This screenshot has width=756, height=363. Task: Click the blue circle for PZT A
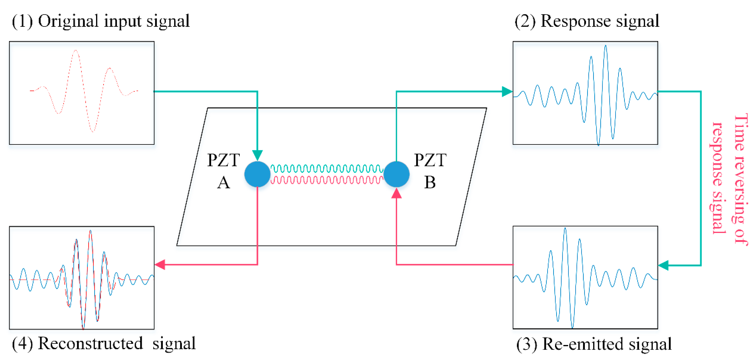[x=257, y=174]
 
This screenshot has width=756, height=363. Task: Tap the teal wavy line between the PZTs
[x=326, y=169]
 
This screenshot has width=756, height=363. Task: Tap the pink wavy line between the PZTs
[x=326, y=180]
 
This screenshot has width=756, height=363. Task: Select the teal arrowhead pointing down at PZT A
[x=257, y=155]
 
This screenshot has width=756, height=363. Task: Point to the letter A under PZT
[x=223, y=183]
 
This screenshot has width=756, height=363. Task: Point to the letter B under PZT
[x=430, y=183]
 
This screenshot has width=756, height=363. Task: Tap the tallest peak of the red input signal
[x=76, y=51]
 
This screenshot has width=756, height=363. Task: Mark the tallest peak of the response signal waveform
[x=605, y=46]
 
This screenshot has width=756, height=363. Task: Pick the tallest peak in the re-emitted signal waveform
[x=565, y=229]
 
